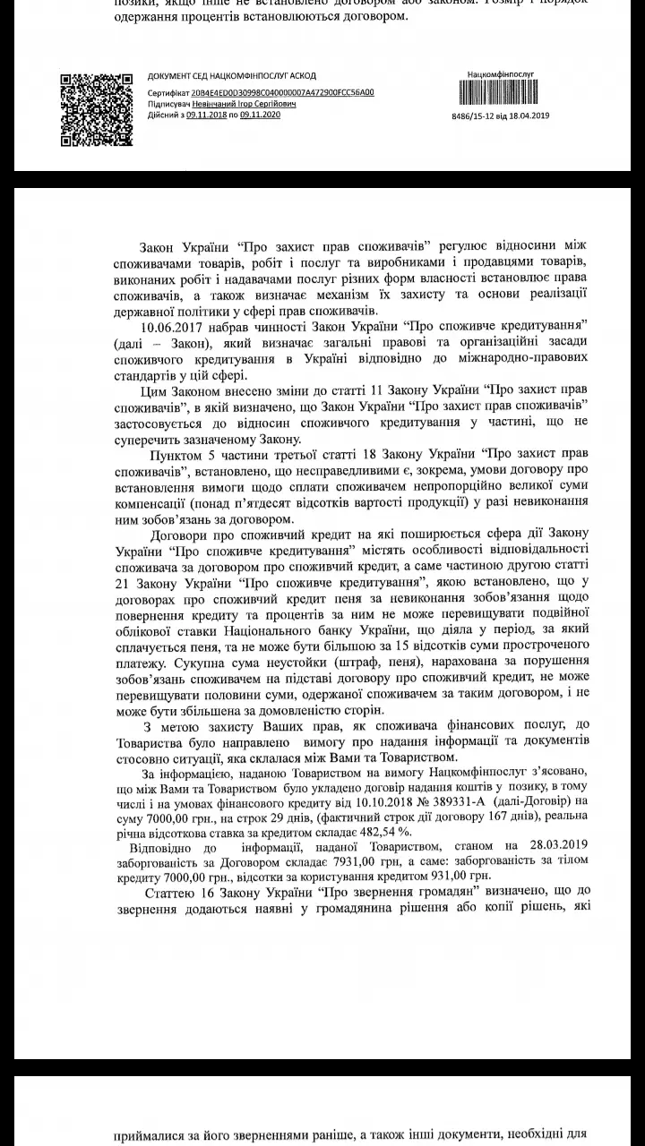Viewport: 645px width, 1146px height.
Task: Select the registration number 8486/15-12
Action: tap(476, 116)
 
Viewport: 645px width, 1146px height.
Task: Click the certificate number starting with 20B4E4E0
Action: tap(286, 92)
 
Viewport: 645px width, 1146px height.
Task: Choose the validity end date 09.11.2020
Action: tap(260, 115)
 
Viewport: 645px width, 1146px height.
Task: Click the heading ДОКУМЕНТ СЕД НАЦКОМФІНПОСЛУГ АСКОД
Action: tap(232, 76)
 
